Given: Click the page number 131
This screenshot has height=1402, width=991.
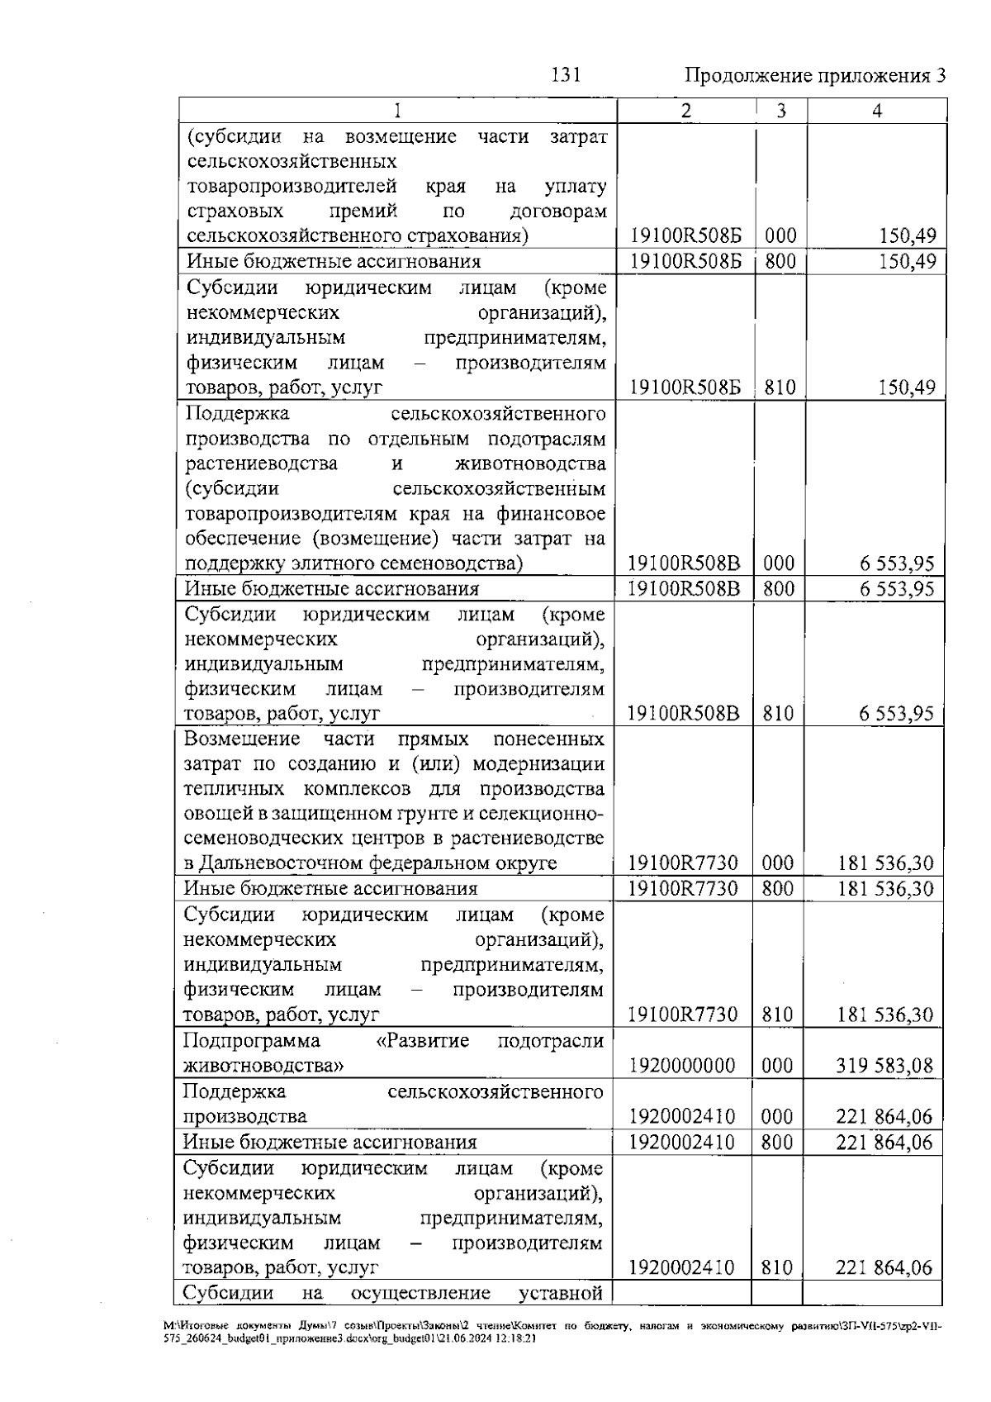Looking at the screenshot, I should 566,75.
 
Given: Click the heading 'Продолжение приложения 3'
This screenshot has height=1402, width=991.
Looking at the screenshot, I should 814,76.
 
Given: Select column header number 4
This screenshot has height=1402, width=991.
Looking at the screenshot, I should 876,111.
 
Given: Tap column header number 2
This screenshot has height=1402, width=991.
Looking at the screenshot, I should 685,111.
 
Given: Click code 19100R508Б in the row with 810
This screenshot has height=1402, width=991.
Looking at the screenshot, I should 685,387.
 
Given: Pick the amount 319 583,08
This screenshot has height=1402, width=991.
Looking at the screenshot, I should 884,1066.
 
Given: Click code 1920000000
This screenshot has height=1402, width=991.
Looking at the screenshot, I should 681,1066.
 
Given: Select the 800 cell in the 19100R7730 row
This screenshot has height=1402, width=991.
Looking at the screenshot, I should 777,889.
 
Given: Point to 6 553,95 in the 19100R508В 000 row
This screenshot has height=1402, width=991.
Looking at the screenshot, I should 896,564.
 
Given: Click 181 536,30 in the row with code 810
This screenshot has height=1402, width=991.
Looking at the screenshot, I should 884,1015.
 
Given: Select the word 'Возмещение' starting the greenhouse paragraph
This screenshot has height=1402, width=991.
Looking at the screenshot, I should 241,739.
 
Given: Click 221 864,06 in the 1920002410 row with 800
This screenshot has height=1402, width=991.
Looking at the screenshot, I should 884,1143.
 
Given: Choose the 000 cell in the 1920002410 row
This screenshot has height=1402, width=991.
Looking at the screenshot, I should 777,1117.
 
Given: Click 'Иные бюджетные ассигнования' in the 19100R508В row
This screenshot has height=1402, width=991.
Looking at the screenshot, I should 331,589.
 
